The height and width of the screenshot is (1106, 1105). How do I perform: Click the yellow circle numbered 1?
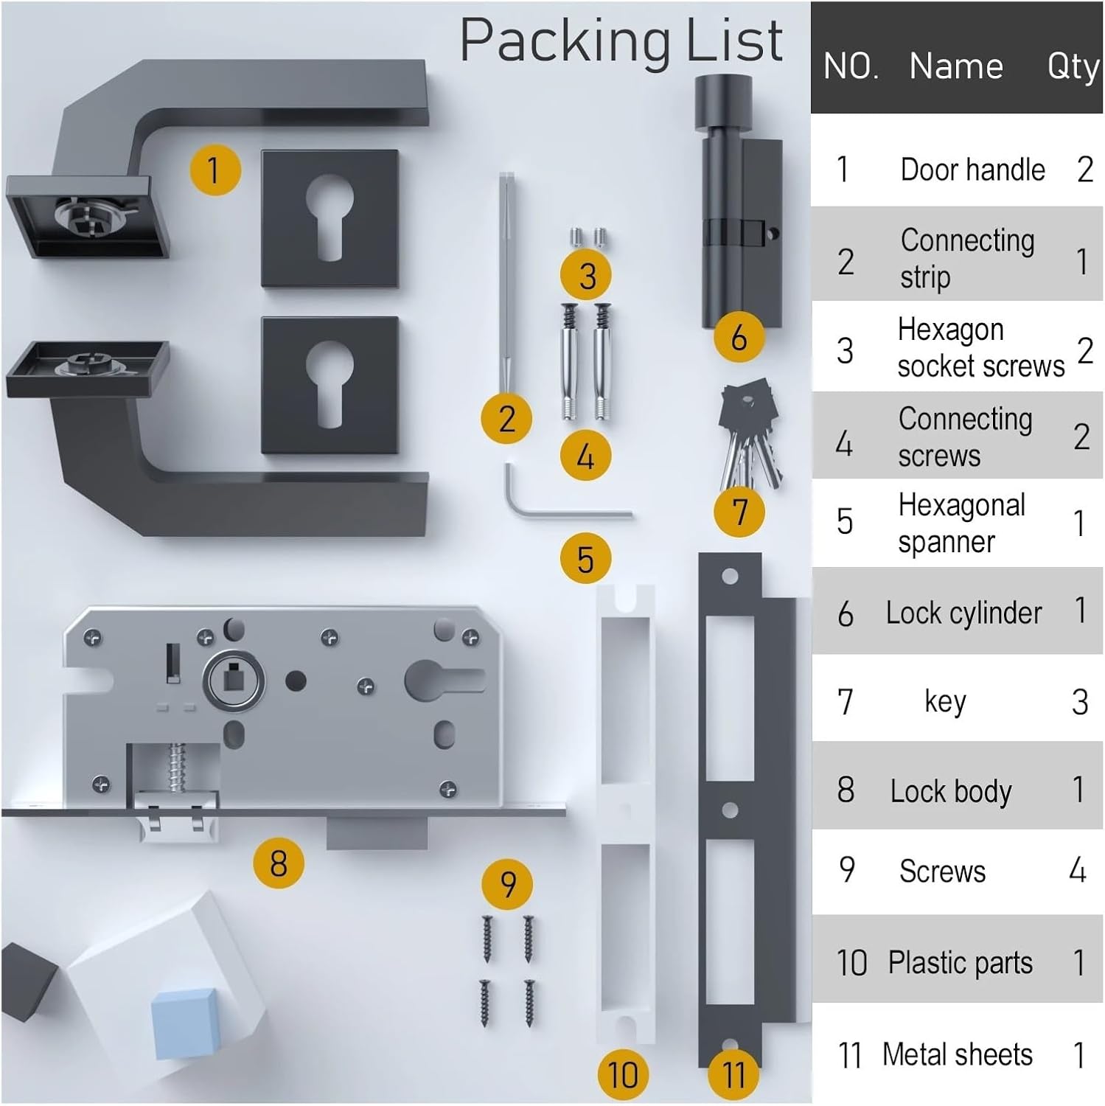[x=215, y=170]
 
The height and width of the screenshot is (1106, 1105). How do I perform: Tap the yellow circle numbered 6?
[x=739, y=337]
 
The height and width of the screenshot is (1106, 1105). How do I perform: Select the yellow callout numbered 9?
[x=507, y=883]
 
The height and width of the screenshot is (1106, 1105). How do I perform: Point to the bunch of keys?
[x=749, y=435]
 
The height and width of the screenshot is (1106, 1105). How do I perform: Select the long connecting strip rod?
[x=506, y=280]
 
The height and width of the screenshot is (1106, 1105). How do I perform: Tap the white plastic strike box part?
[x=625, y=811]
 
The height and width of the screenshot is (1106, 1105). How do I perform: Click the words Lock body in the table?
[x=951, y=791]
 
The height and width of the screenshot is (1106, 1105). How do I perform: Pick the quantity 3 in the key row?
[x=1079, y=702]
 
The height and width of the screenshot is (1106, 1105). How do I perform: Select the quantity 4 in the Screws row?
[x=1078, y=871]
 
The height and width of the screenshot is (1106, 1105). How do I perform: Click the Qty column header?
[x=1073, y=66]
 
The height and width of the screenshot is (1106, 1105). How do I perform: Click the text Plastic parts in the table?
[x=960, y=963]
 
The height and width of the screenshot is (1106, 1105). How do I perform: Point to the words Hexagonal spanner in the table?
[x=960, y=524]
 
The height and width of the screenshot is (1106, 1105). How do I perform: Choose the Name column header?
[x=956, y=66]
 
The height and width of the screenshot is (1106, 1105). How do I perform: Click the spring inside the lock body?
[x=177, y=767]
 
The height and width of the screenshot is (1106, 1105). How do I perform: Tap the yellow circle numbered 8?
[x=278, y=863]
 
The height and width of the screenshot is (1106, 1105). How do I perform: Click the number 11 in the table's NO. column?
[x=849, y=1055]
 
